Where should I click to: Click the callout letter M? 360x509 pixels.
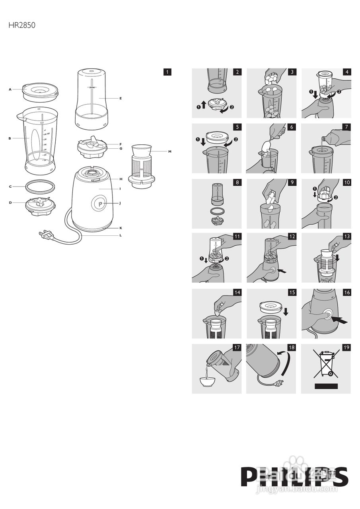point(169,152)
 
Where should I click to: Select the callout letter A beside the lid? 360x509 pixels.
point(10,89)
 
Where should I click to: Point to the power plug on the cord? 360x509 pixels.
point(46,235)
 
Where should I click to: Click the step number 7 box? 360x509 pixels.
point(346,127)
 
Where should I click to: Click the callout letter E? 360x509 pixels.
point(120,98)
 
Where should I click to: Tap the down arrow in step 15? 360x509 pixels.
point(286,311)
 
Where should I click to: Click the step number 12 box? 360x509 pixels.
point(292,237)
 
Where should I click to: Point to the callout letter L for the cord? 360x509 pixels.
point(120,235)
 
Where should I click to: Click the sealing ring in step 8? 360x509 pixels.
point(216,210)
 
